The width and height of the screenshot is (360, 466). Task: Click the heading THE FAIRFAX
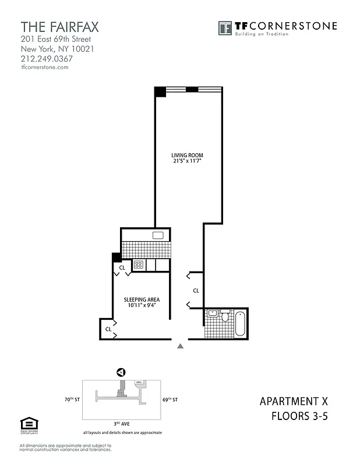click(x=60, y=27)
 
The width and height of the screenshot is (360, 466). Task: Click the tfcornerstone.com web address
click(x=45, y=67)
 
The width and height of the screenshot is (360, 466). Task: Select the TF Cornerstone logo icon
click(x=225, y=27)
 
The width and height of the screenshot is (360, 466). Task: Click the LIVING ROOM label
click(x=187, y=155)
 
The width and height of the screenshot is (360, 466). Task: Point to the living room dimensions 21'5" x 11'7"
click(x=187, y=161)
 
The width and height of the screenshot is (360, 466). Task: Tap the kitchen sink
click(x=158, y=235)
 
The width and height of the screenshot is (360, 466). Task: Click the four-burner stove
click(x=139, y=264)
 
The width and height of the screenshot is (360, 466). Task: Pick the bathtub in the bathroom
click(x=240, y=323)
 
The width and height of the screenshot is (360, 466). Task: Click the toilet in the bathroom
click(x=225, y=316)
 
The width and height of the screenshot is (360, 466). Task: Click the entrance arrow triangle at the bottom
click(x=181, y=346)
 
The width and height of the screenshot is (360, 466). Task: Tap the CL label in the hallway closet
click(x=196, y=290)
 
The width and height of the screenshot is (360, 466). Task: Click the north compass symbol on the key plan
click(x=121, y=372)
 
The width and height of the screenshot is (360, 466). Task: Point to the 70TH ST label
click(x=72, y=400)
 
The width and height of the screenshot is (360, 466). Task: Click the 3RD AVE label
click(x=122, y=425)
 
